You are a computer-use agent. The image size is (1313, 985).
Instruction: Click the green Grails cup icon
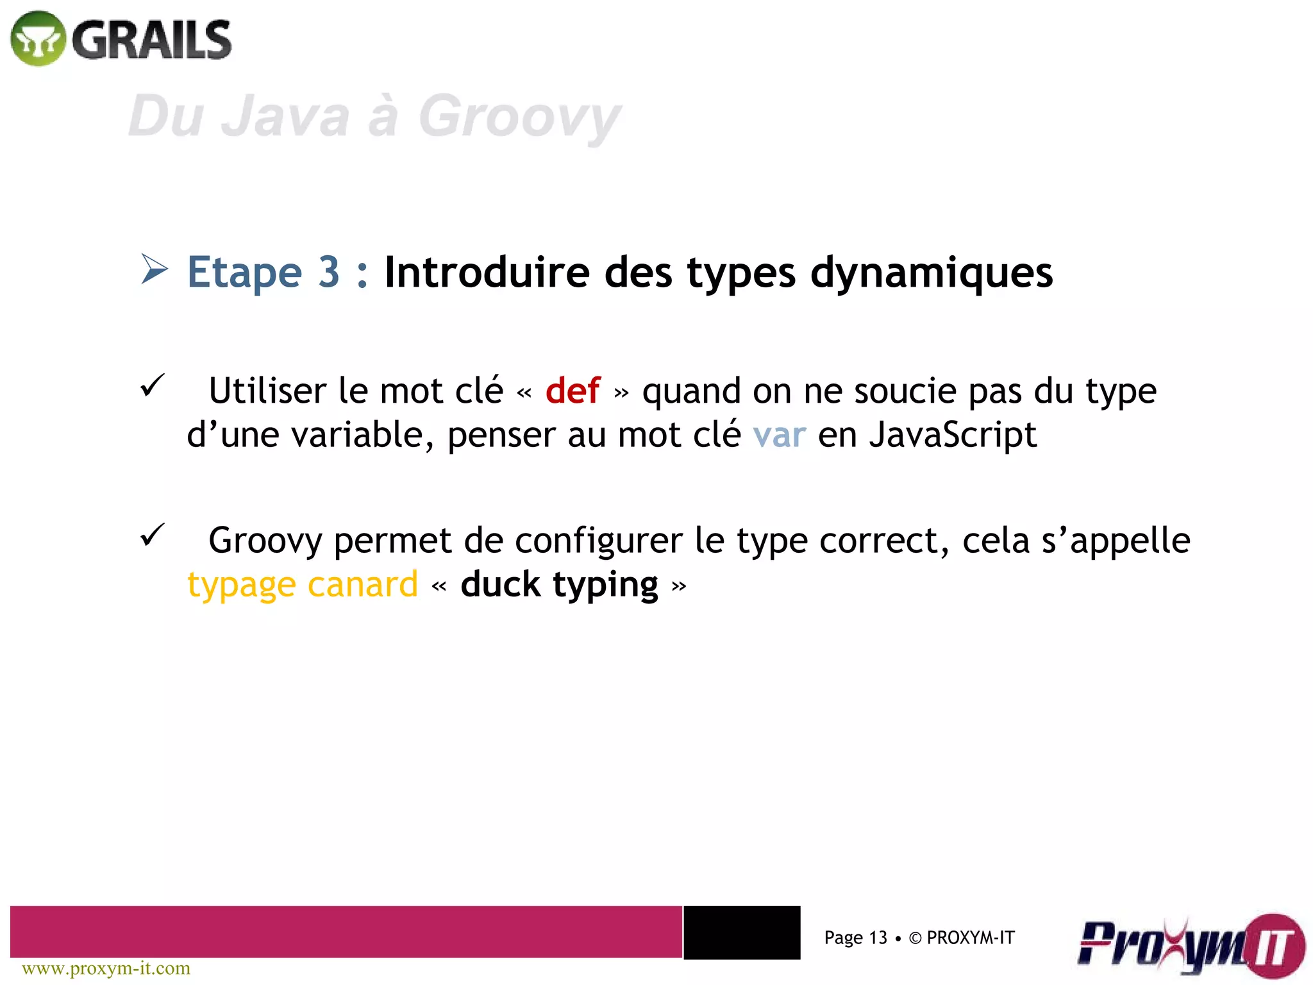pyautogui.click(x=38, y=38)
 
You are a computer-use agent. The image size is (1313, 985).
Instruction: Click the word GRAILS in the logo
pyautogui.click(x=152, y=40)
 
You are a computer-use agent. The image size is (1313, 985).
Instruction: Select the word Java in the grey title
pyautogui.click(x=285, y=116)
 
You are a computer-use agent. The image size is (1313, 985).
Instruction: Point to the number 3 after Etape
pyautogui.click(x=329, y=272)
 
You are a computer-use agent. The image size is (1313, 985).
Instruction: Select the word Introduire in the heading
pyautogui.click(x=487, y=272)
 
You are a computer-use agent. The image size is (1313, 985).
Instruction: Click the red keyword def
pyautogui.click(x=573, y=391)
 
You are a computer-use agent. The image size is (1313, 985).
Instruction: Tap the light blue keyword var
pyautogui.click(x=779, y=435)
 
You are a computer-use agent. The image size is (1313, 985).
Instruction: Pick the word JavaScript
pyautogui.click(x=953, y=435)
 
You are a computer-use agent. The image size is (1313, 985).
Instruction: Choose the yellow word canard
pyautogui.click(x=362, y=585)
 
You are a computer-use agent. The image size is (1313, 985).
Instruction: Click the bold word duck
pyautogui.click(x=501, y=585)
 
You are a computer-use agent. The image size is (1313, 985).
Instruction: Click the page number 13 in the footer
pyautogui.click(x=878, y=938)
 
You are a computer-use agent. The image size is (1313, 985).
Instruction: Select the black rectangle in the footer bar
pyautogui.click(x=742, y=932)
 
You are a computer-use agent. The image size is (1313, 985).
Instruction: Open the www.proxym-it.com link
pyautogui.click(x=106, y=968)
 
